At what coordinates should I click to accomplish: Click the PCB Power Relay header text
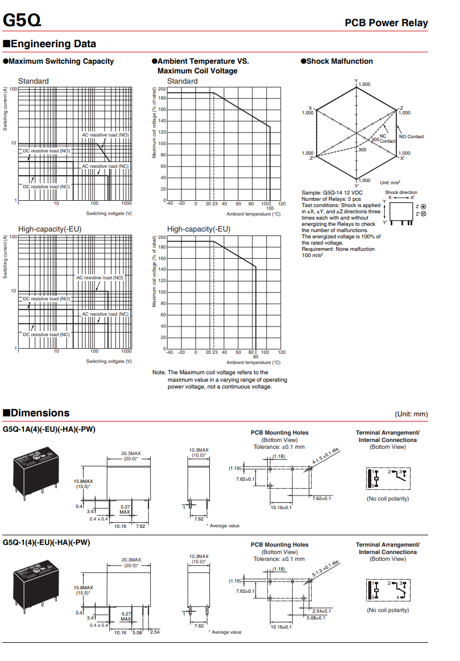386,23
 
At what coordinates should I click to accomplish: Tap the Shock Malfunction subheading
339,61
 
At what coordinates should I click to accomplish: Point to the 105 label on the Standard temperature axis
270,208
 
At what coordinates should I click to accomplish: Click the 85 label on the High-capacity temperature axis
255,357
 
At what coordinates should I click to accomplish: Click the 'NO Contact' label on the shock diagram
411,137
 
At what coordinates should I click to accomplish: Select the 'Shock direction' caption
401,192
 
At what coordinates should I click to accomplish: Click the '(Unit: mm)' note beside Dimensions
411,414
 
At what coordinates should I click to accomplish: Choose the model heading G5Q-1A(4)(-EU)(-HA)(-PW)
49,429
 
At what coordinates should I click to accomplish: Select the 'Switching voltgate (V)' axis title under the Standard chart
109,213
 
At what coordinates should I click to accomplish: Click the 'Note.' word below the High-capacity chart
159,373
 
